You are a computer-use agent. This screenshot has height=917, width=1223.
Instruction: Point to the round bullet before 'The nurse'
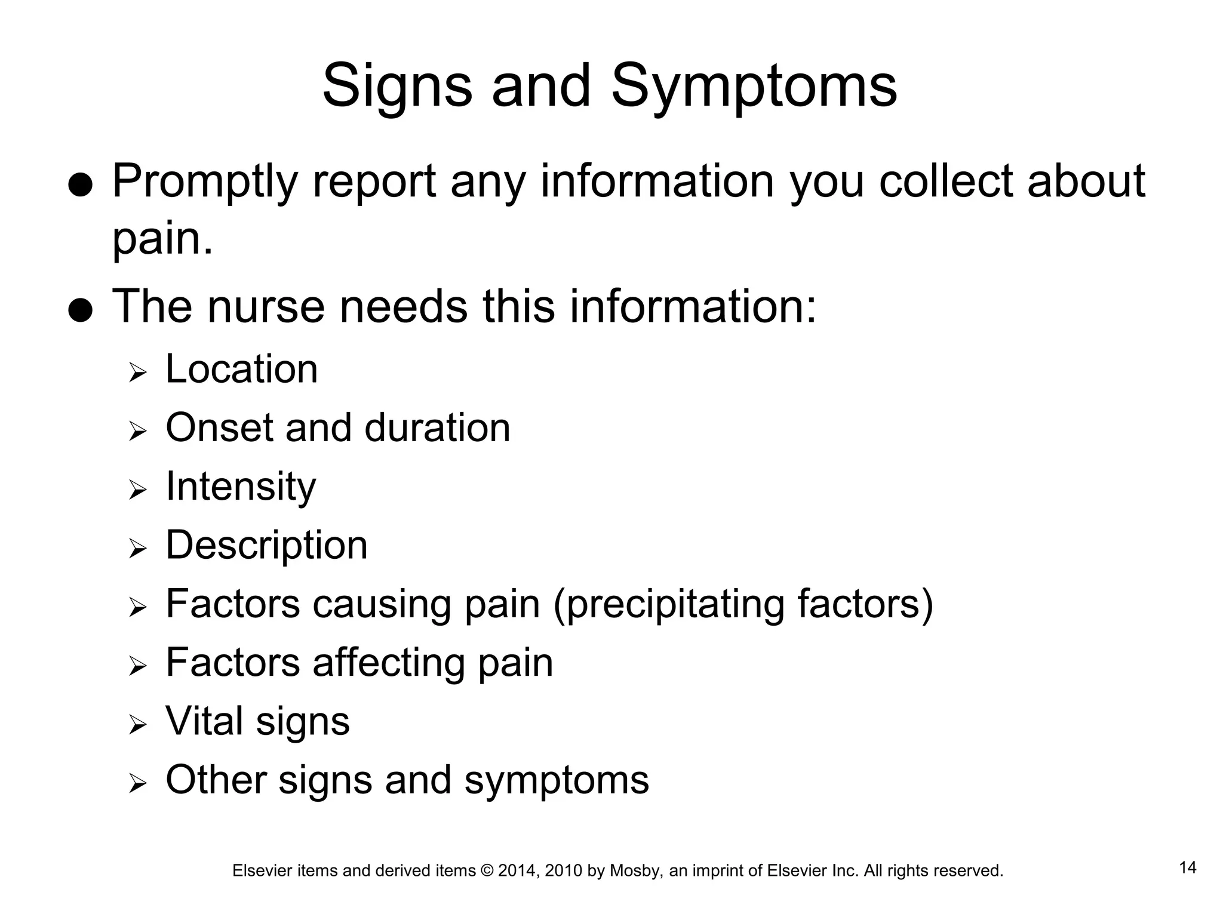tap(80, 310)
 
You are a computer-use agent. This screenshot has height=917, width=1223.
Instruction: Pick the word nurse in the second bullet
tap(266, 306)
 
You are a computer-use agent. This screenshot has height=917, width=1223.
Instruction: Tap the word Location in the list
tap(241, 369)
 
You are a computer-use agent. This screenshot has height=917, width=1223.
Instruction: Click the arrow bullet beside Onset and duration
tap(137, 431)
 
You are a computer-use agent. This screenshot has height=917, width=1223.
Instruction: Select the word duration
tap(437, 427)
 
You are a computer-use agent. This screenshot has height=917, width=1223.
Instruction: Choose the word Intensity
tap(241, 487)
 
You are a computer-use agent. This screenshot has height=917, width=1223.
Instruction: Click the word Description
tap(266, 546)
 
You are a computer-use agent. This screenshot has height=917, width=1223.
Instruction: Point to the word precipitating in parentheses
tap(675, 604)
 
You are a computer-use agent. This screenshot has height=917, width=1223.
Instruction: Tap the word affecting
tap(389, 662)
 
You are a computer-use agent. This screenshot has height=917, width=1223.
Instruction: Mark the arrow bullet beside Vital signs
tap(137, 725)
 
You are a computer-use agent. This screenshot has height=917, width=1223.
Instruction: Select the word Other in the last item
tap(216, 780)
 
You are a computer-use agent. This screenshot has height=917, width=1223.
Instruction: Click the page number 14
tap(1188, 867)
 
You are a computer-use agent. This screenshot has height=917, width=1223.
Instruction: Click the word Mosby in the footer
tap(635, 871)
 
